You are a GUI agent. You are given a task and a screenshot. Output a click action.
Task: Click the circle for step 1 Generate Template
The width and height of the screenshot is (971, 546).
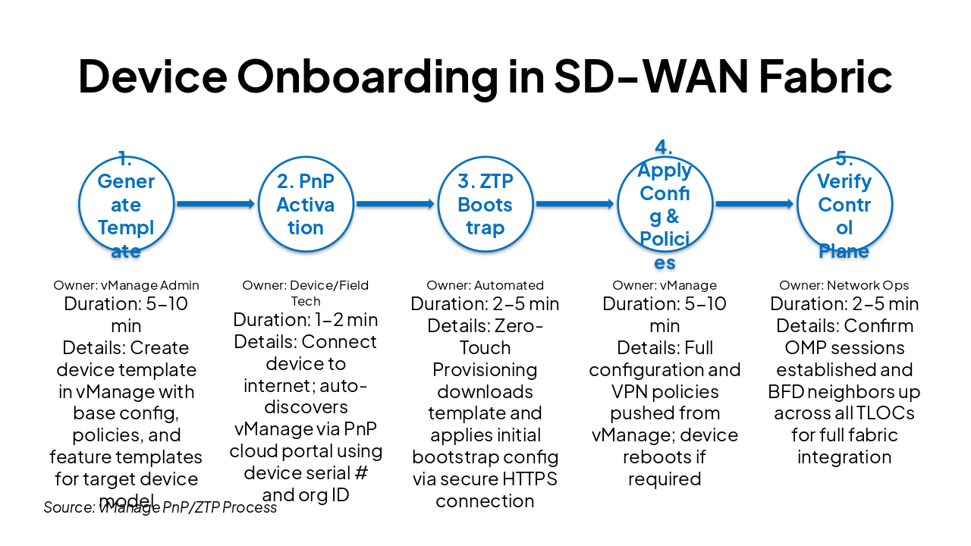[x=126, y=204]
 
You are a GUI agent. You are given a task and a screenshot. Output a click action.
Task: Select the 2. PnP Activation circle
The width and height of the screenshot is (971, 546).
[x=306, y=204]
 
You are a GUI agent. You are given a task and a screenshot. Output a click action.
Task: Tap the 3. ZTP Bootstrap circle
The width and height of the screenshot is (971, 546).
[x=485, y=204]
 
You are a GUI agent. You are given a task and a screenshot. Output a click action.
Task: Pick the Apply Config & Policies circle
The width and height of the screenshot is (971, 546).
[x=665, y=204]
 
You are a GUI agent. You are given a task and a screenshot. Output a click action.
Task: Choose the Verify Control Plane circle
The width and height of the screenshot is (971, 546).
[x=844, y=204]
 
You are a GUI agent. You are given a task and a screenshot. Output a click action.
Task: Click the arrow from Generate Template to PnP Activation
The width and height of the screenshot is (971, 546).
[x=215, y=203]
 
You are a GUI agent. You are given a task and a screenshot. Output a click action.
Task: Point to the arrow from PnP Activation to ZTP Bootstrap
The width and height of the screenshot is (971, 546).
[x=395, y=203]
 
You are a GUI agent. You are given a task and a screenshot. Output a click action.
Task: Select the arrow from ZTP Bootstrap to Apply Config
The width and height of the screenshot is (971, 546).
[x=574, y=203]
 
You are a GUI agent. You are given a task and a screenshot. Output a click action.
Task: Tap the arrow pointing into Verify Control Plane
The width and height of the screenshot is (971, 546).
[x=754, y=203]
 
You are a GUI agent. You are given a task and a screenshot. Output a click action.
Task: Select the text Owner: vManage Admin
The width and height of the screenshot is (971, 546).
[x=126, y=286]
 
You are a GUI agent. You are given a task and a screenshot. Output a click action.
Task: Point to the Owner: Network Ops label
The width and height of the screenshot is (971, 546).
[x=844, y=286]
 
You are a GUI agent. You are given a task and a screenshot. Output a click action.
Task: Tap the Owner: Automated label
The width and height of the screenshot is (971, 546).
[x=485, y=286]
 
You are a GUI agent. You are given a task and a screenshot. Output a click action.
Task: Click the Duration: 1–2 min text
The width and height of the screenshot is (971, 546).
[x=306, y=320]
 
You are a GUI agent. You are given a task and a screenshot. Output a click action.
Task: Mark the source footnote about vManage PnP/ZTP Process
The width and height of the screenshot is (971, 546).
[x=160, y=507]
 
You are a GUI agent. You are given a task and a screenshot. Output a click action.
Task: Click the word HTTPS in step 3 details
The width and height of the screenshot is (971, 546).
[x=526, y=479]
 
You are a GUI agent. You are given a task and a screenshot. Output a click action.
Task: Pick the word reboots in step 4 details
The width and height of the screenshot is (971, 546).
[x=652, y=457]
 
